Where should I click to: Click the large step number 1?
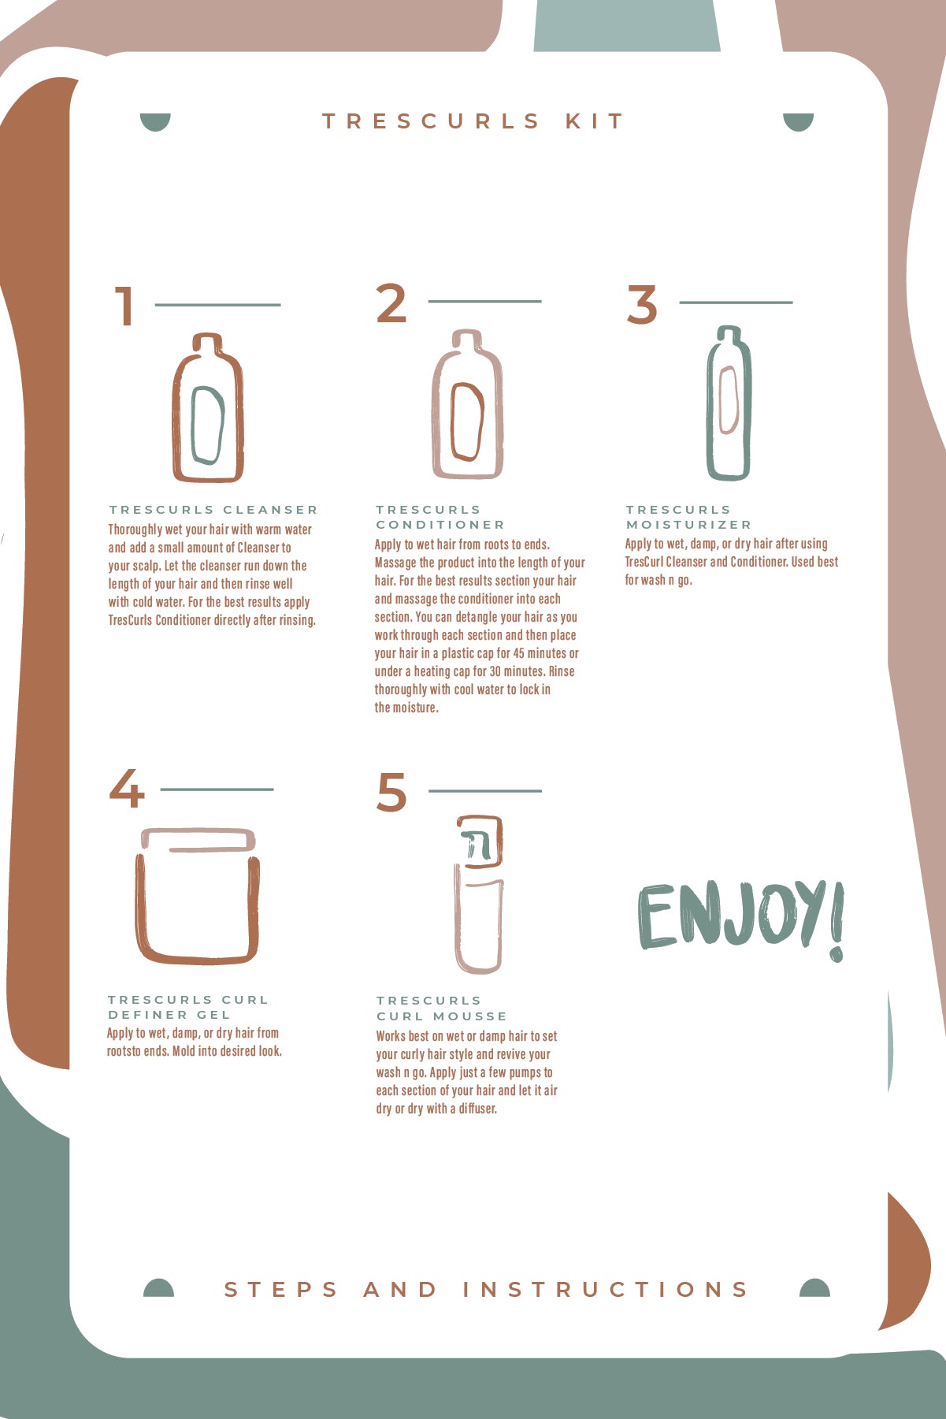pos(125,306)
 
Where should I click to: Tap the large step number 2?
pos(391,303)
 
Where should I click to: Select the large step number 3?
pos(642,304)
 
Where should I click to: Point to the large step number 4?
pos(127,789)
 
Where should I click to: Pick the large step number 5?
pos(392,791)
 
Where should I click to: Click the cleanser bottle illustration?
pos(208,407)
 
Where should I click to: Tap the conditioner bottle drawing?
pos(467,403)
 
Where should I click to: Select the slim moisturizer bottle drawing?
pos(729,403)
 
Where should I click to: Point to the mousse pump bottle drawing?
pos(479,894)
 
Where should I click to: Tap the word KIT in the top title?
pos(595,121)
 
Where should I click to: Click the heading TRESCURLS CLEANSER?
pos(213,510)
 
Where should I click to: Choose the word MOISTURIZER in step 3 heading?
pos(688,525)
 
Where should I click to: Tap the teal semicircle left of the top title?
pos(155,121)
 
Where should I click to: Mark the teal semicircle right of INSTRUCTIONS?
pos(814,1287)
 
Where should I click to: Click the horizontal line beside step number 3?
pos(736,302)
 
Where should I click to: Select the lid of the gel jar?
pos(198,839)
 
